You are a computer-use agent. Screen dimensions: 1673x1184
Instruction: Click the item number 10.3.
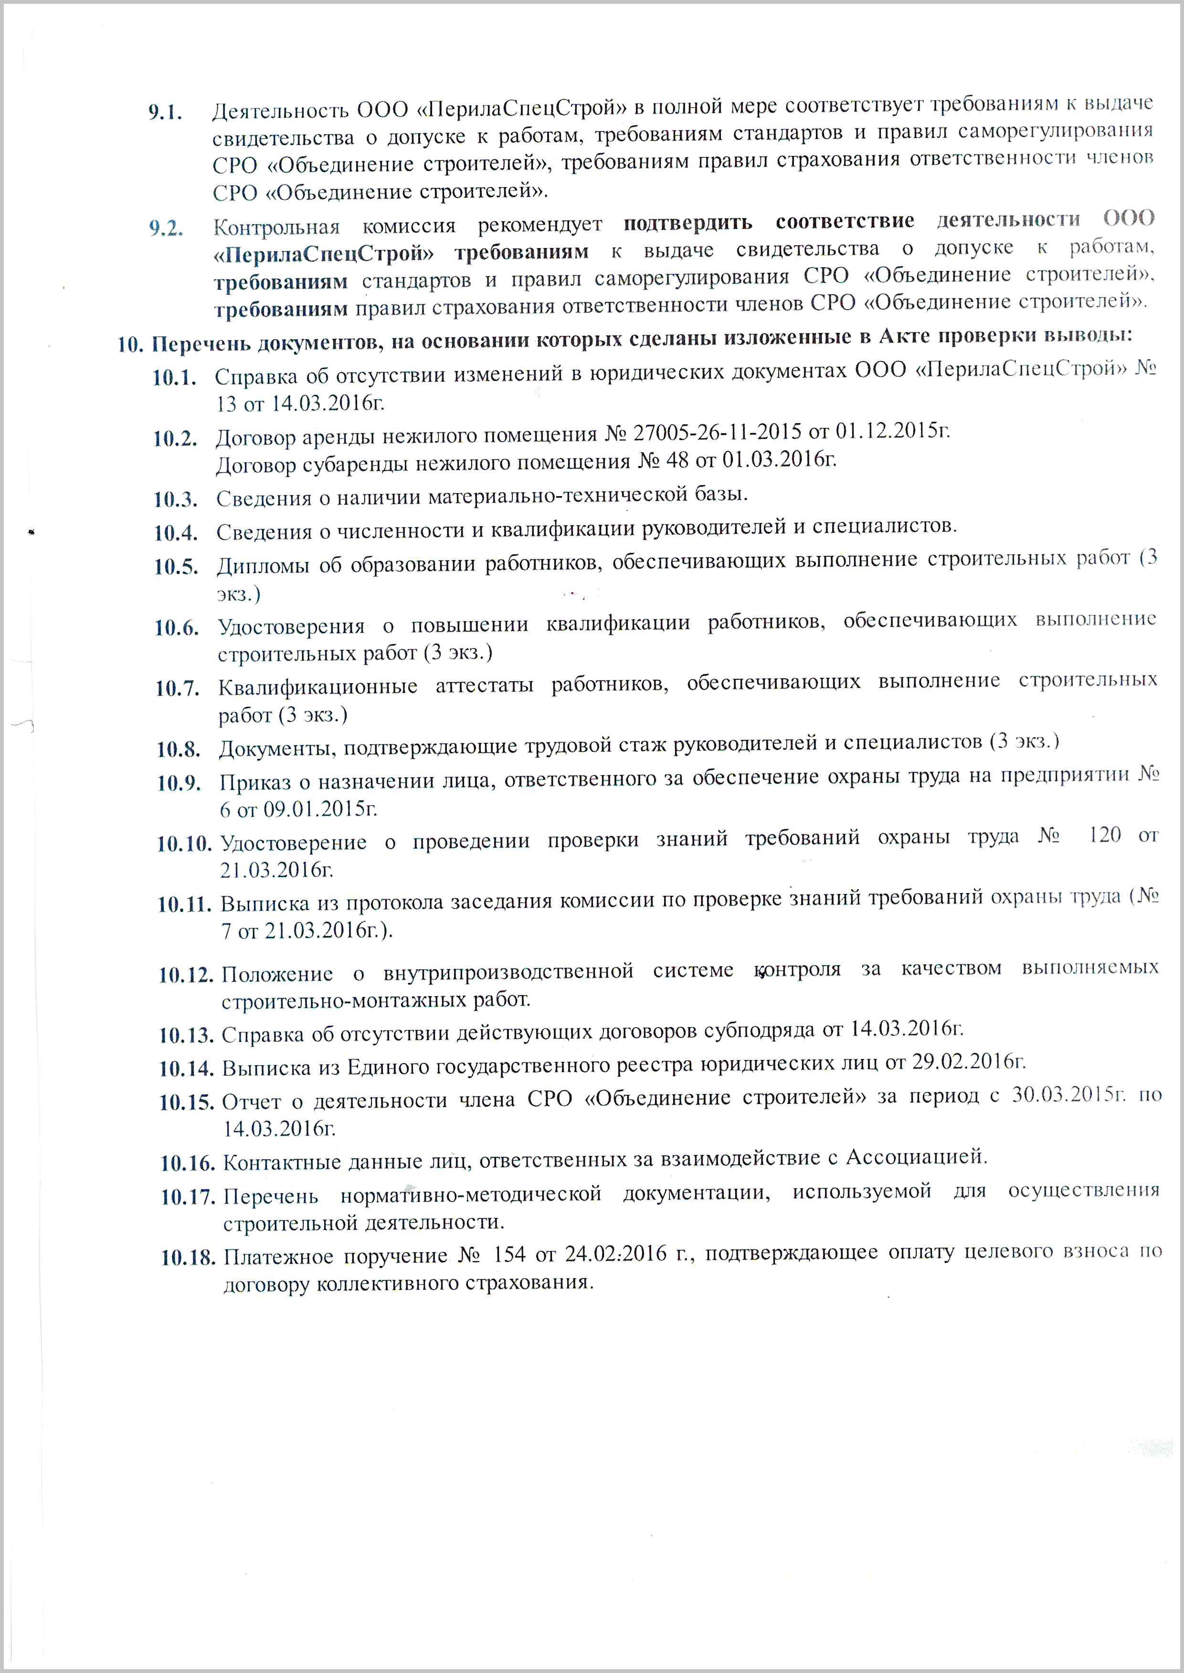tap(175, 500)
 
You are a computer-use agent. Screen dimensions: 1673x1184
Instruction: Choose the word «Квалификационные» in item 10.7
tap(318, 687)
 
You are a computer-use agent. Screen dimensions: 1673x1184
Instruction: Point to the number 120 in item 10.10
tap(1105, 835)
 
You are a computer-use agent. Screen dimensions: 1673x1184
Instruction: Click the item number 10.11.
tap(184, 905)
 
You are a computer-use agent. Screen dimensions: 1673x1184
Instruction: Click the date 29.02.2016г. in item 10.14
tap(969, 1062)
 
